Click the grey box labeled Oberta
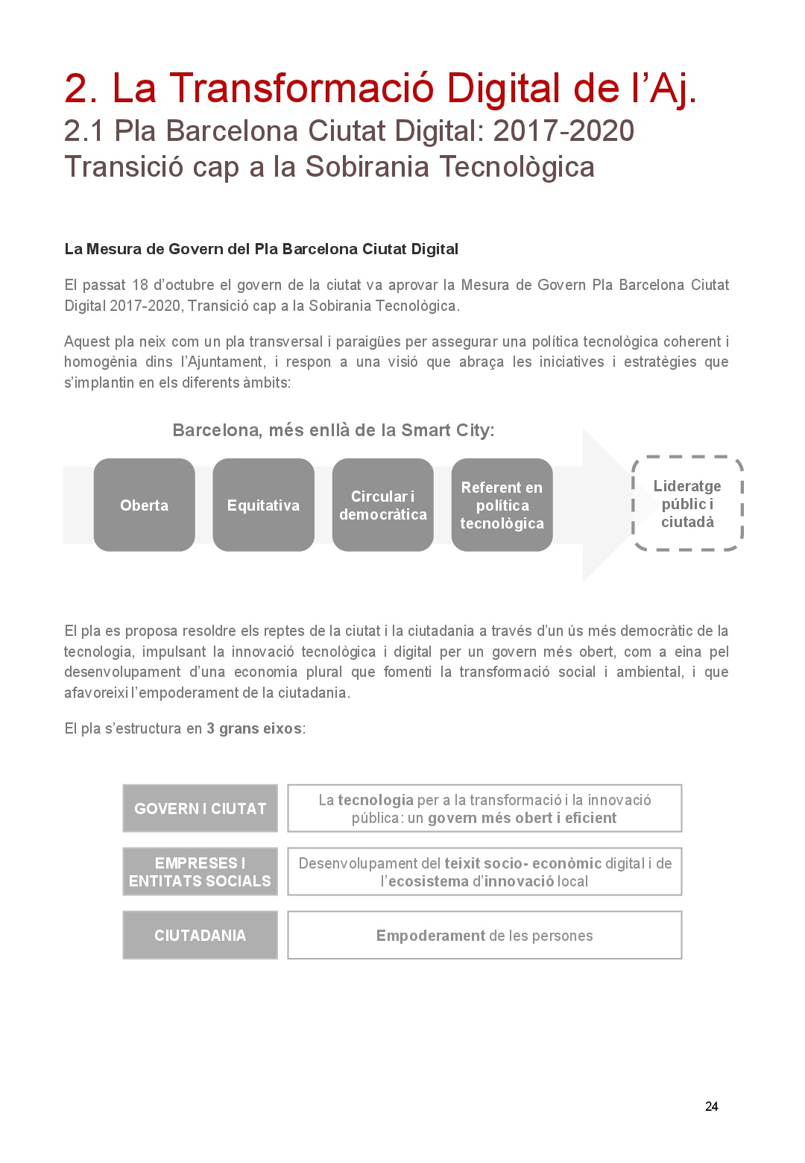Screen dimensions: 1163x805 144,505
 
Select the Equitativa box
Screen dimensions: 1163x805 263,505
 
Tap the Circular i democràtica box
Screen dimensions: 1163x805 382,505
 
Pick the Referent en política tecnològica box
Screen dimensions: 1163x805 502,505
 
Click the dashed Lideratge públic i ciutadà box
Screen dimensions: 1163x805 687,503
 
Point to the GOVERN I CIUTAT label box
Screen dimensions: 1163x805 200,808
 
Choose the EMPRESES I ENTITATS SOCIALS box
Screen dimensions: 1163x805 200,872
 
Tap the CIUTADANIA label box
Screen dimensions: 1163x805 200,935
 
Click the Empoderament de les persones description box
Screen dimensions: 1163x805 484,935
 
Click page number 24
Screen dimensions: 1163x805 711,1106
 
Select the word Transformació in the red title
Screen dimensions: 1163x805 302,88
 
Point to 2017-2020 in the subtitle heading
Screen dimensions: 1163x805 563,131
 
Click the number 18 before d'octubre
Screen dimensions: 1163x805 140,285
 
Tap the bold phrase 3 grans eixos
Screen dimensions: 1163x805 254,728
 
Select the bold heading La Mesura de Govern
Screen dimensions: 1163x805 261,249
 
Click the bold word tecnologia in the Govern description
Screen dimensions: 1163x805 376,800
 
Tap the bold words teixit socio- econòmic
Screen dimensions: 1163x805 523,863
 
